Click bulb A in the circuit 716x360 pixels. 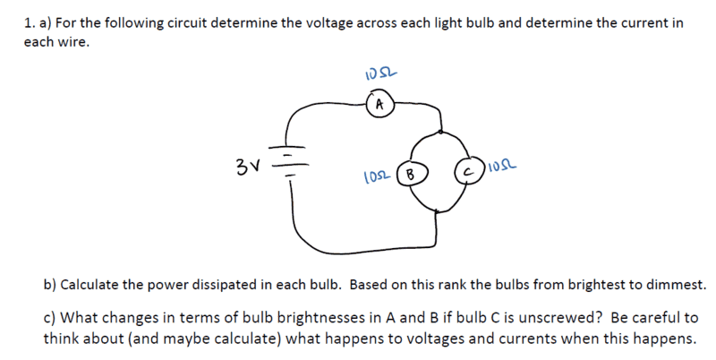click(x=379, y=105)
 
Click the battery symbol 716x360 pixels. click(x=288, y=160)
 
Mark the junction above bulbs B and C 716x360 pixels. click(x=440, y=132)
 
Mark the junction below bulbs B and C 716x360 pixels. click(x=437, y=211)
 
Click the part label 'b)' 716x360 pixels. click(x=50, y=285)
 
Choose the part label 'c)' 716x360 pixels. click(x=50, y=318)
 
